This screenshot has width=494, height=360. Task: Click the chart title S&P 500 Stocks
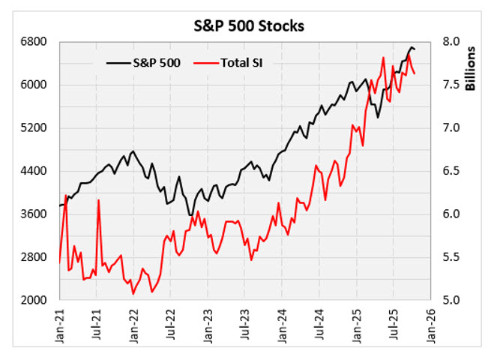(247, 25)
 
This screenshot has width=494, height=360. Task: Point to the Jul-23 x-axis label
(244, 324)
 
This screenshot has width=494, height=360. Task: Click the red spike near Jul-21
(98, 201)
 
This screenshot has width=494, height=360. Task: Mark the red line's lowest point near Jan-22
(133, 293)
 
